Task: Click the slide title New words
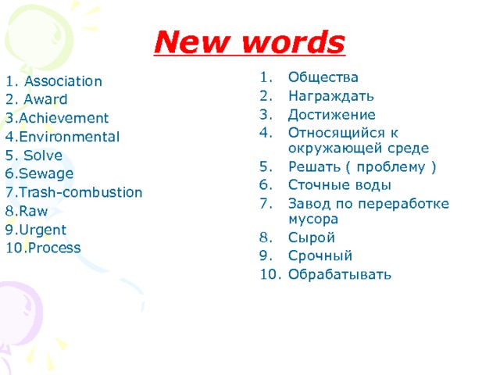point(248,41)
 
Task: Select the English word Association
point(62,81)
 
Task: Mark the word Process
point(52,248)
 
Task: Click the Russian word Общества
point(323,78)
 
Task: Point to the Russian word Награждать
point(330,97)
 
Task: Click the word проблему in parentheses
point(392,167)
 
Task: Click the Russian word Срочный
point(320,255)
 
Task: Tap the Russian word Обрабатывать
point(339,274)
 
